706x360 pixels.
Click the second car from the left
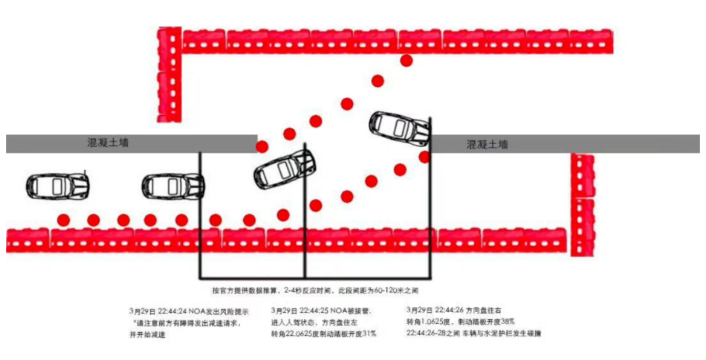pos(173,186)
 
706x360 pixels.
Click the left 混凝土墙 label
pos(107,142)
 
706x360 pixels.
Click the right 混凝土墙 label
pos(487,145)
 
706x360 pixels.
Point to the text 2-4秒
pos(293,290)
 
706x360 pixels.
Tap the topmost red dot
pos(406,60)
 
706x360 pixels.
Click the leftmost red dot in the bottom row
pos(64,219)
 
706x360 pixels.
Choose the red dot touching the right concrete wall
pos(424,157)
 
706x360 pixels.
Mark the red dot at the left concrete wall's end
pos(262,146)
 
